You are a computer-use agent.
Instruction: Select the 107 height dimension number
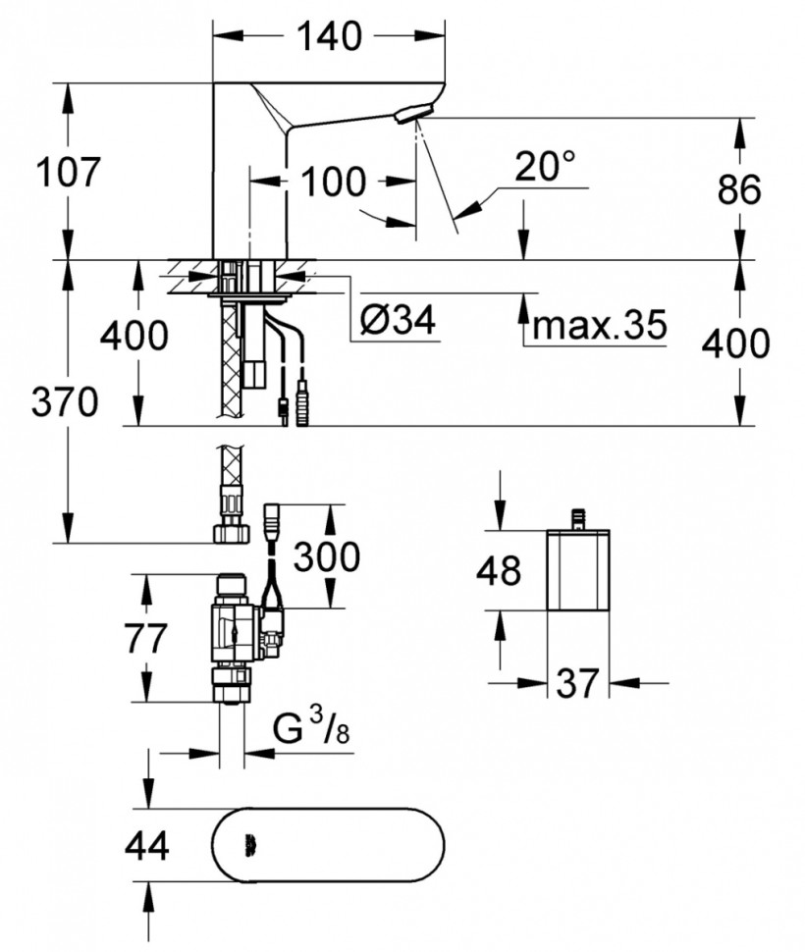[68, 173]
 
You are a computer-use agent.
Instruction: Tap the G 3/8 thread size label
[305, 729]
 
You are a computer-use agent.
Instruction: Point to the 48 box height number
[498, 570]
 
